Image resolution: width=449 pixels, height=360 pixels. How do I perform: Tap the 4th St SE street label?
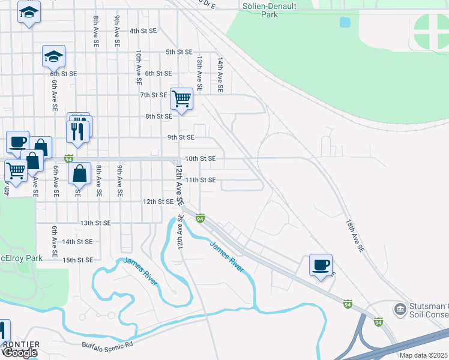142,31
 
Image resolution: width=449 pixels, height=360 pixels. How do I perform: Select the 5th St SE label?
179,52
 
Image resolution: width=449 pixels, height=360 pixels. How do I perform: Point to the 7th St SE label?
153,95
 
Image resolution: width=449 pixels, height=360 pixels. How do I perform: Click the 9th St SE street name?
180,137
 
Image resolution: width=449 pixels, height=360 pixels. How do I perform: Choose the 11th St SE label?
200,180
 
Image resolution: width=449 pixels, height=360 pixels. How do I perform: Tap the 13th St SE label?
95,223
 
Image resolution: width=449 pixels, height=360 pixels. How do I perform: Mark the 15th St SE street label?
77,260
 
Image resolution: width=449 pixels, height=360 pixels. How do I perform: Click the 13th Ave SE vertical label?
199,74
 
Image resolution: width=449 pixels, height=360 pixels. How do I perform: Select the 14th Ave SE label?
220,74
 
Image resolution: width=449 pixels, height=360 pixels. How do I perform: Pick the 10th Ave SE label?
139,67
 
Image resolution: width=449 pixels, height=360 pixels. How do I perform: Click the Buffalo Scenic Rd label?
107,344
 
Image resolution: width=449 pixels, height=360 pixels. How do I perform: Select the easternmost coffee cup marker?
321,264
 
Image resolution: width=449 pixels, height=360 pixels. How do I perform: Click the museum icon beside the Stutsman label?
400,310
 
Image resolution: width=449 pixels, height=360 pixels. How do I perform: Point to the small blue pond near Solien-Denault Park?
345,22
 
